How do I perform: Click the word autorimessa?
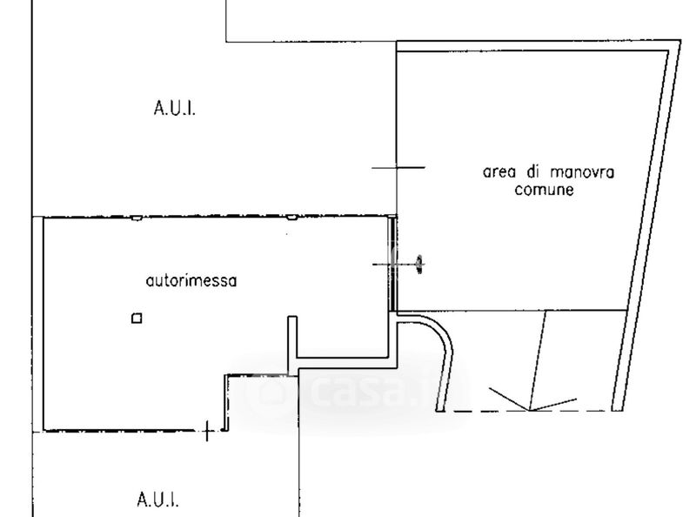191,281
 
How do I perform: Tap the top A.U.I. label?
175,109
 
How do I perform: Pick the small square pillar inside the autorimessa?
136,319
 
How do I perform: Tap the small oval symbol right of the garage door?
420,262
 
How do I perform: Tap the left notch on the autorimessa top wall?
136,218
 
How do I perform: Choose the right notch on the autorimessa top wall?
292,218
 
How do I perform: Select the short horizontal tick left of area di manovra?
398,167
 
